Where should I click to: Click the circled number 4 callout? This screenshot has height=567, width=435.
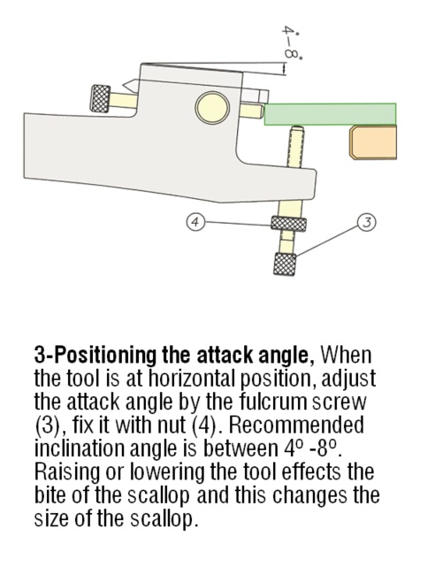(x=195, y=221)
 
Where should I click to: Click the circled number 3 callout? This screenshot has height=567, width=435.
(x=366, y=222)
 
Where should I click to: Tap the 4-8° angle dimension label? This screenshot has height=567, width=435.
(x=292, y=42)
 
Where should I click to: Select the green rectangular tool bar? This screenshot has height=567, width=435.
(x=330, y=114)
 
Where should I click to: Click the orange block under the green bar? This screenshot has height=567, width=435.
(x=373, y=142)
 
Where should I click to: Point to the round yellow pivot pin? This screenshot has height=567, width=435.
(x=212, y=108)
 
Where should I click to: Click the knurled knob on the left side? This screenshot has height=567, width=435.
(x=101, y=99)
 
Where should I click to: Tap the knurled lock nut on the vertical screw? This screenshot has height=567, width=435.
(x=289, y=224)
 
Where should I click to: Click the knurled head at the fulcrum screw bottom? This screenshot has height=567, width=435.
(x=285, y=264)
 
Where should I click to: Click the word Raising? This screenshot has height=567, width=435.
(x=67, y=472)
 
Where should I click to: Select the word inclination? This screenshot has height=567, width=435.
(x=80, y=448)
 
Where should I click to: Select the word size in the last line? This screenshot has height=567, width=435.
(x=51, y=519)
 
